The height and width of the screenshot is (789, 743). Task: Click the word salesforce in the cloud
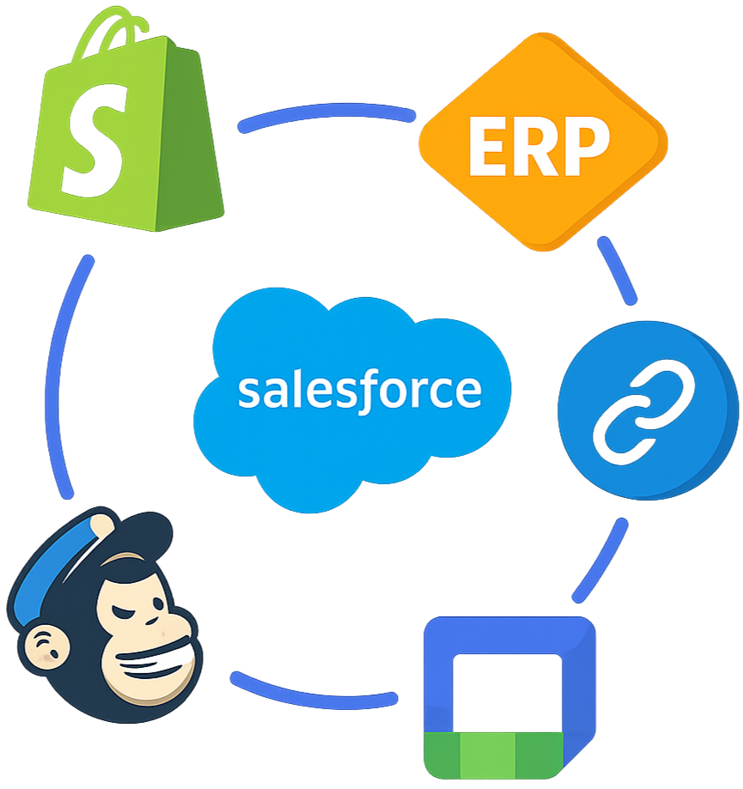(359, 391)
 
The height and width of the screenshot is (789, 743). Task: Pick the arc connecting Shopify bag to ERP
(326, 117)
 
